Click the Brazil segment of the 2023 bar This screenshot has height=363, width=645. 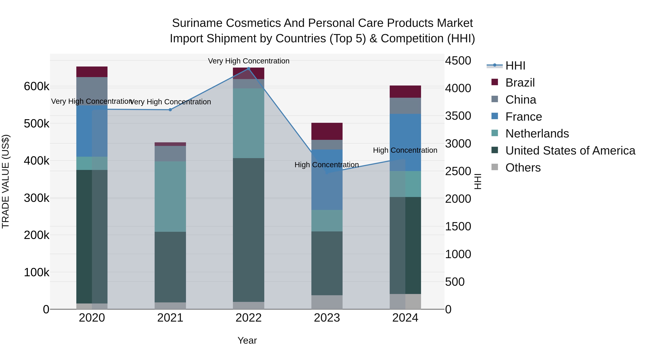click(x=327, y=131)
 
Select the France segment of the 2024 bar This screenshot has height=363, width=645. click(x=405, y=142)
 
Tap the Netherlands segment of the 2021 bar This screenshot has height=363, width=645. click(x=170, y=196)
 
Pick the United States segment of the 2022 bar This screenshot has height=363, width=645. click(x=248, y=230)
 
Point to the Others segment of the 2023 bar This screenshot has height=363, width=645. click(x=327, y=302)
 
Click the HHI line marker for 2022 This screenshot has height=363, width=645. click(x=248, y=69)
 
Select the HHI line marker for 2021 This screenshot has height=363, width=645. click(x=170, y=110)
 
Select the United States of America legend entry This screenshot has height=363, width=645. click(x=570, y=151)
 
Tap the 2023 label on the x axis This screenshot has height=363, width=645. click(x=327, y=318)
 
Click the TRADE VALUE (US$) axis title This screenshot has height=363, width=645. click(x=6, y=181)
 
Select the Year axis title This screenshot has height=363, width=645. click(x=247, y=340)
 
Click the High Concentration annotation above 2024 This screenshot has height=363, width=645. click(x=405, y=150)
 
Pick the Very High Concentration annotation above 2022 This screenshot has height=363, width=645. click(x=248, y=61)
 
